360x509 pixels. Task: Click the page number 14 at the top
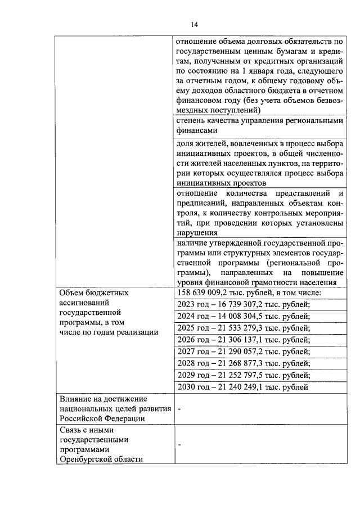[194, 24]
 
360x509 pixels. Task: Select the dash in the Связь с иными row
[179, 444]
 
